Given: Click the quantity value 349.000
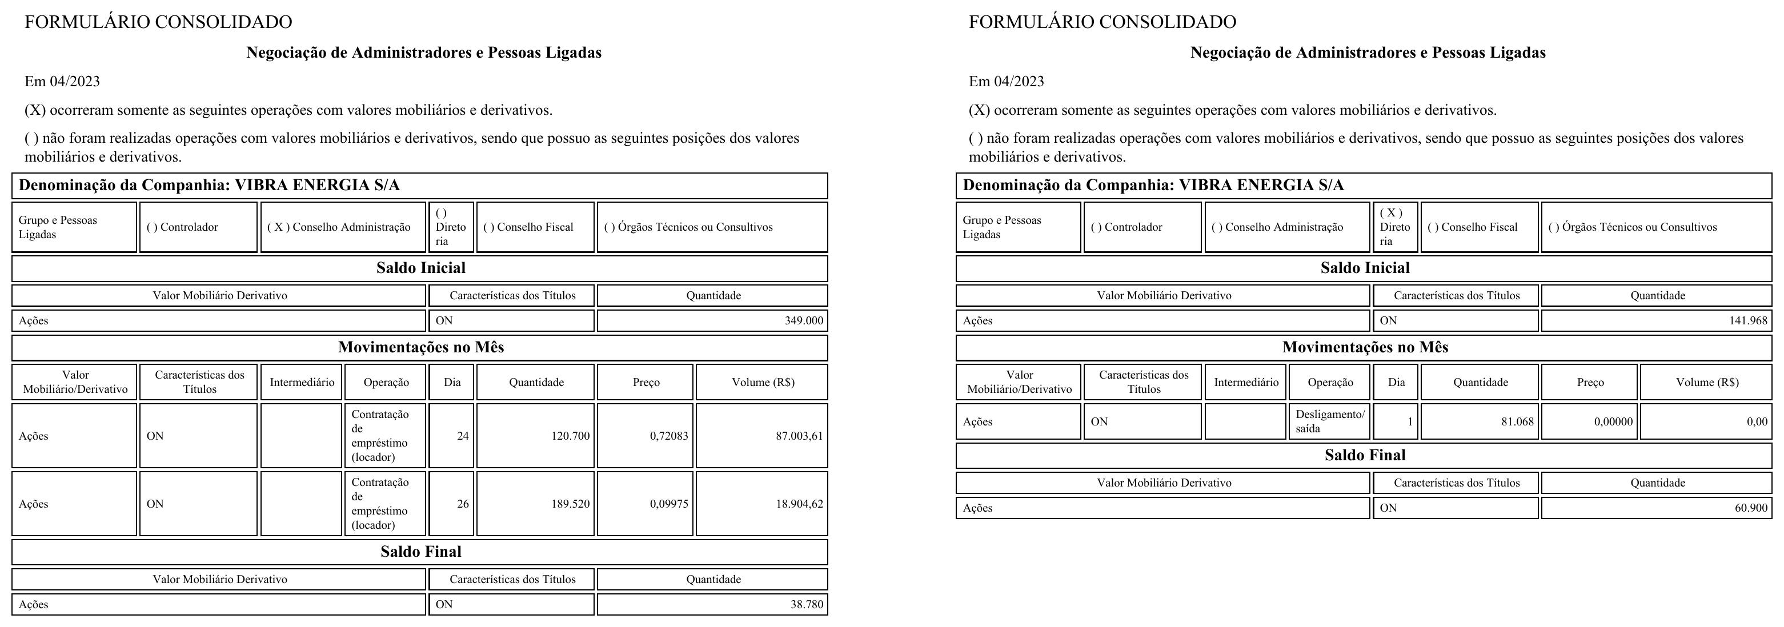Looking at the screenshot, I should [x=803, y=320].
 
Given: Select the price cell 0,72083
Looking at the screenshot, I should [x=669, y=436].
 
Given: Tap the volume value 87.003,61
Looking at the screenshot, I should [x=799, y=436].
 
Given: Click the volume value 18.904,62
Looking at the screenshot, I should [x=799, y=504].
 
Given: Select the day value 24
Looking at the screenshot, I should [x=463, y=436].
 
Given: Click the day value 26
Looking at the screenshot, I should [x=463, y=504].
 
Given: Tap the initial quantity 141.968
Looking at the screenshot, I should [x=1748, y=320].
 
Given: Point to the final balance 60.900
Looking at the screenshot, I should [x=1751, y=508].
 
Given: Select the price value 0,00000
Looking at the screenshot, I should [x=1613, y=421].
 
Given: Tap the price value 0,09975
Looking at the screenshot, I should [x=669, y=504].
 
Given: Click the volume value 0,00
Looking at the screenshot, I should [x=1757, y=421].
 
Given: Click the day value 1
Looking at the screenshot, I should [x=1409, y=421].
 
